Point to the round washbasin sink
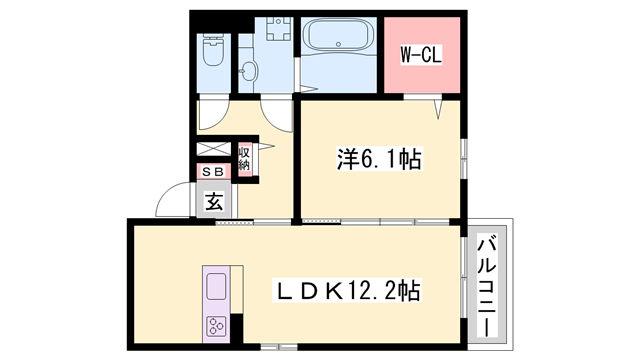coord(249,71)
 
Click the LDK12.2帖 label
coord(347,292)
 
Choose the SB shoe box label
coord(213,172)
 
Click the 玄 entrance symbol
coord(213,202)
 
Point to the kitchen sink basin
coord(217,287)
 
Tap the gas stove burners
coord(216,324)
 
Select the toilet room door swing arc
coord(213,115)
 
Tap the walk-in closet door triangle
coord(437,104)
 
